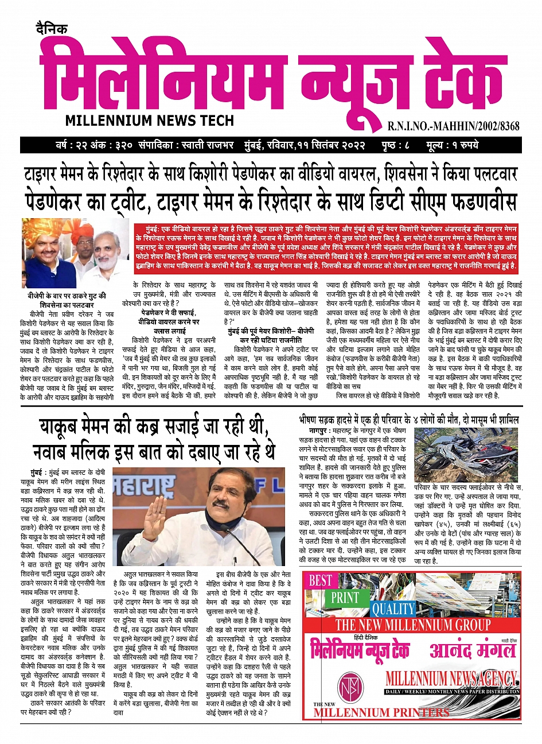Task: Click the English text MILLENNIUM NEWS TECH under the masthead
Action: click(x=150, y=121)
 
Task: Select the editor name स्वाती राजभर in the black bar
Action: click(x=197, y=145)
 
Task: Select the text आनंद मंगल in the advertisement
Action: click(x=473, y=650)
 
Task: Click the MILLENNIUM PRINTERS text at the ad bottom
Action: click(x=381, y=712)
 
